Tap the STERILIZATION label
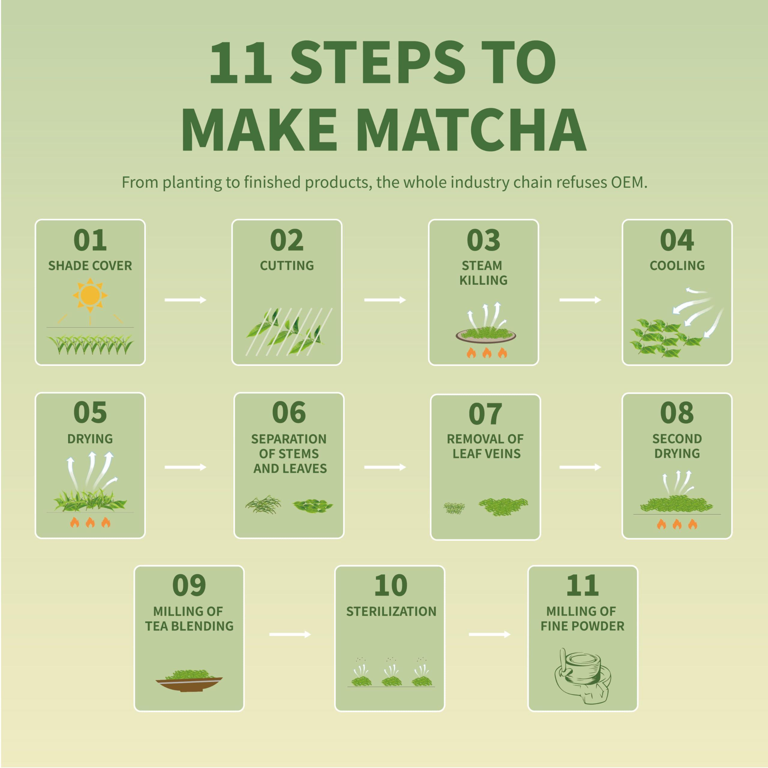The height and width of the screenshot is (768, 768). (391, 611)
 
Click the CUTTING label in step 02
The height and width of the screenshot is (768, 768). (286, 265)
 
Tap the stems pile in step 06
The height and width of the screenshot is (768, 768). (263, 505)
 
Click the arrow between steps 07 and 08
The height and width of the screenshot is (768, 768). (580, 467)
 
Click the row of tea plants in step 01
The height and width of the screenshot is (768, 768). (90, 344)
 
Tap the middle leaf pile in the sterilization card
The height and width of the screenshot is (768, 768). (391, 681)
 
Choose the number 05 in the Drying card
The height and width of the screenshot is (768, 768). (90, 412)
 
